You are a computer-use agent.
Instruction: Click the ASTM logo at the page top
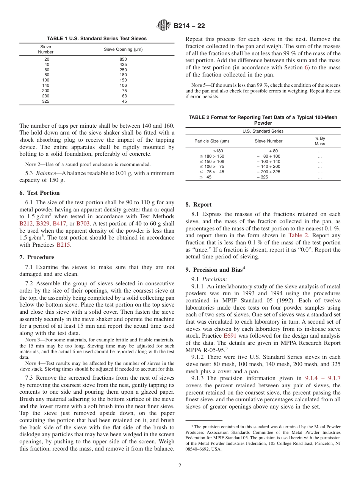tap(164, 26)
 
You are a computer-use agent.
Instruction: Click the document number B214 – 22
tap(189, 26)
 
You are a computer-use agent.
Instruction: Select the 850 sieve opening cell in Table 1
tap(123, 59)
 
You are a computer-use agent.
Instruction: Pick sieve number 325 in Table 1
tap(46, 101)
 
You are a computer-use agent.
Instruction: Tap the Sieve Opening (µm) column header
tap(123, 49)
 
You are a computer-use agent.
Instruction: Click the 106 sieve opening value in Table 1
tap(123, 86)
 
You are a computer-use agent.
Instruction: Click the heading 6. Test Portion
tap(39, 193)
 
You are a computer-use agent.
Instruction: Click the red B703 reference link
tap(83, 224)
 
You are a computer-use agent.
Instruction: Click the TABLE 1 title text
tap(97, 39)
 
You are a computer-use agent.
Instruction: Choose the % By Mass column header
tap(319, 141)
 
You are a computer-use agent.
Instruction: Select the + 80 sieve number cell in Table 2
tap(273, 151)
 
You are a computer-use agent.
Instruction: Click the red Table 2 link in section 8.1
tap(298, 235)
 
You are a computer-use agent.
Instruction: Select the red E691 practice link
tap(230, 336)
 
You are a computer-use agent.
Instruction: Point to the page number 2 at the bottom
tap(180, 466)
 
